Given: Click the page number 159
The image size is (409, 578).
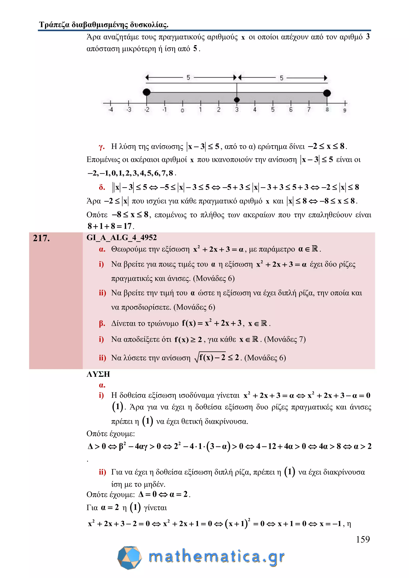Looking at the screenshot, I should click(363, 539).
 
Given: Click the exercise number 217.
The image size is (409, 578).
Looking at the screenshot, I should click(41, 238).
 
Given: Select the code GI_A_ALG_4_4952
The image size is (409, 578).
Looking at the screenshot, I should click(121, 237).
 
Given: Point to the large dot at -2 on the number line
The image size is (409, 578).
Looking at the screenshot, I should click(147, 92).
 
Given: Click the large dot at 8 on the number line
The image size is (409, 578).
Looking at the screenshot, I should click(327, 93).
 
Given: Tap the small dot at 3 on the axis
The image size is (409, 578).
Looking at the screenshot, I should click(237, 100).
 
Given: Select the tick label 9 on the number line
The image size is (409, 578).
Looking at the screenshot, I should click(345, 110).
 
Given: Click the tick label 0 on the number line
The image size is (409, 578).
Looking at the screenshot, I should click(182, 110).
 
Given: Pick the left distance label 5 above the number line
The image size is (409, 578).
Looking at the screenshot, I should click(188, 77).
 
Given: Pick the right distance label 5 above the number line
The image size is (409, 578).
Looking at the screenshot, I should click(282, 78).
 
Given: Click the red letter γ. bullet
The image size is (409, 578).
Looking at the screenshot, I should click(101, 146).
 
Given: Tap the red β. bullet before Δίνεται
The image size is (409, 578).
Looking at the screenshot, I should click(102, 323).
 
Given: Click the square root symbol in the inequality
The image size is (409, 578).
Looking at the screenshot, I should click(197, 358).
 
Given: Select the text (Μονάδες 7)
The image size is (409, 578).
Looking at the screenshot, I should click(285, 339).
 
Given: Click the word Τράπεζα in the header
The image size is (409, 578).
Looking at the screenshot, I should click(54, 25).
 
